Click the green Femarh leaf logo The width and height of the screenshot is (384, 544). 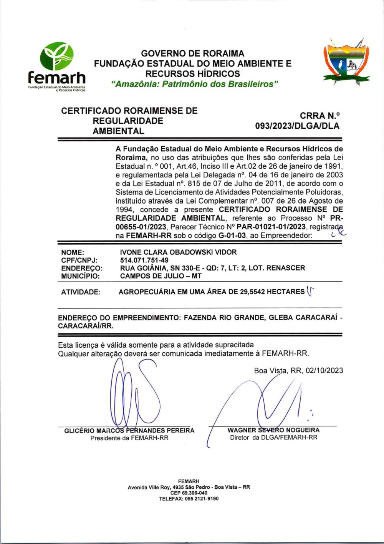point(57,56)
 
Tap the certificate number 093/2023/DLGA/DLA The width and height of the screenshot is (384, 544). point(297,126)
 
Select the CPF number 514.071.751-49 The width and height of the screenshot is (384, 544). point(144,260)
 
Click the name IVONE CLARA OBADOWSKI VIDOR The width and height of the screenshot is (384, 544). point(178,252)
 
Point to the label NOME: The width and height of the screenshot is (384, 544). point(73,252)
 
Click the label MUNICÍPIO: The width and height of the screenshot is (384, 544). point(80,276)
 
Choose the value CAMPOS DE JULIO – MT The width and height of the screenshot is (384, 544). point(161,276)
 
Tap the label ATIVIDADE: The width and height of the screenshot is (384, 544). point(81,292)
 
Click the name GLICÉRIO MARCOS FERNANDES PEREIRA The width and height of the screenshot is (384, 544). point(129,430)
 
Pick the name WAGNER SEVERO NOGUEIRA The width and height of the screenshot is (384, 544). point(273,430)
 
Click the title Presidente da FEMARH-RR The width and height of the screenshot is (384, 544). point(129,438)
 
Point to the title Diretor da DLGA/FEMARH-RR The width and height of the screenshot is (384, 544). point(273,438)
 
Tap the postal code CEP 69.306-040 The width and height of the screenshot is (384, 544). point(189,493)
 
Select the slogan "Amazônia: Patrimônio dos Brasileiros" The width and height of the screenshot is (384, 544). point(194,84)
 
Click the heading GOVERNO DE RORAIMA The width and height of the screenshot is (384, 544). point(193,53)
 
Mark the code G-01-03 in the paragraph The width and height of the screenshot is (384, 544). point(232,236)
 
